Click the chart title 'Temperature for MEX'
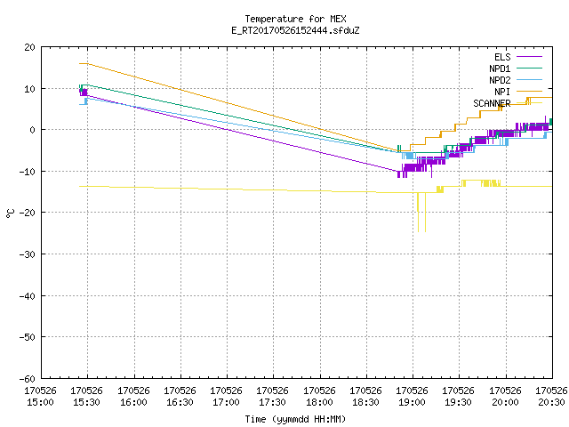click(295, 19)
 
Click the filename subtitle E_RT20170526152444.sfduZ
click(295, 30)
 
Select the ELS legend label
click(502, 57)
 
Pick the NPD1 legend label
click(500, 68)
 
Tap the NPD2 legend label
click(500, 80)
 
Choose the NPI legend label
click(502, 92)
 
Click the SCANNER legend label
click(492, 103)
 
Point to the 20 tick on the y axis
click(29, 47)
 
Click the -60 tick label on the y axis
click(28, 379)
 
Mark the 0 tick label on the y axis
click(33, 130)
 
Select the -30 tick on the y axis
click(28, 254)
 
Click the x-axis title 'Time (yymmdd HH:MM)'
click(295, 419)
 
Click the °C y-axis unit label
click(10, 213)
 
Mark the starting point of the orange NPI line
click(79, 63)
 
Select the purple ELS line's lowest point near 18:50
click(398, 177)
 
